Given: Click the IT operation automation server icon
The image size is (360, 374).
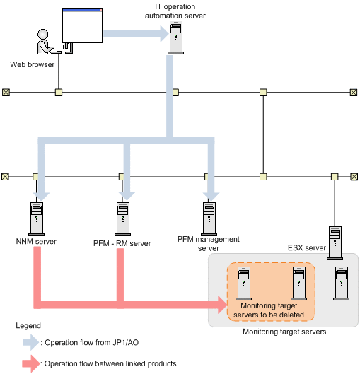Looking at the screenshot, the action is pyautogui.click(x=176, y=37).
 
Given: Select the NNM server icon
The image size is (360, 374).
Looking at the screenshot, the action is pyautogui.click(x=37, y=219).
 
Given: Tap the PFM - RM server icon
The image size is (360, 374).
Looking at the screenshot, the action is pyautogui.click(x=123, y=219).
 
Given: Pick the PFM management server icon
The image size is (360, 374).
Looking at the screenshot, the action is pyautogui.click(x=209, y=219).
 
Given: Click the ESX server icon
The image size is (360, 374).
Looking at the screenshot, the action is pyautogui.click(x=335, y=243).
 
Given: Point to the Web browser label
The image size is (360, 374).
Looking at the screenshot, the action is pyautogui.click(x=33, y=64).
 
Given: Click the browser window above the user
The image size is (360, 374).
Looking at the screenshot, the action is pyautogui.click(x=82, y=25).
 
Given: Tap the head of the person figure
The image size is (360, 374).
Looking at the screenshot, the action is pyautogui.click(x=42, y=34).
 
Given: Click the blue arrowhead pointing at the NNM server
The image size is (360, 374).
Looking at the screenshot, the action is pyautogui.click(x=41, y=197).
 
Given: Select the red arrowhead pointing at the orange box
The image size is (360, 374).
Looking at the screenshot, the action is pyautogui.click(x=223, y=305).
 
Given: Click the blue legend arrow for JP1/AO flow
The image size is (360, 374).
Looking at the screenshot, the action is pyautogui.click(x=31, y=342).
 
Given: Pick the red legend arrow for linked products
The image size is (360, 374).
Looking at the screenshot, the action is pyautogui.click(x=31, y=363).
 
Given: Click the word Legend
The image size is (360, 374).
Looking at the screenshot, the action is pyautogui.click(x=29, y=325).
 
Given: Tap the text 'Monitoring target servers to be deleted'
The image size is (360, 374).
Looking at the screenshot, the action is pyautogui.click(x=269, y=310).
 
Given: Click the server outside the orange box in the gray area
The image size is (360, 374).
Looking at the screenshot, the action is pyautogui.click(x=342, y=284).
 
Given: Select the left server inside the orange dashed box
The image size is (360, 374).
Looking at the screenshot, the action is pyautogui.click(x=243, y=284).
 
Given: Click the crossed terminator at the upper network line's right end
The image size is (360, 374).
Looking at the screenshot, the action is pyautogui.click(x=354, y=93).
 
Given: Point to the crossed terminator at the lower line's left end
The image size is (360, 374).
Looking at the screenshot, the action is pyautogui.click(x=5, y=177).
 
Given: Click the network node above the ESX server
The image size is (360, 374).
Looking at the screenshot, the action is pyautogui.click(x=335, y=177).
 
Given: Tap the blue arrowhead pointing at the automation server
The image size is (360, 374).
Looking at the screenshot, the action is pyautogui.click(x=165, y=34).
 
